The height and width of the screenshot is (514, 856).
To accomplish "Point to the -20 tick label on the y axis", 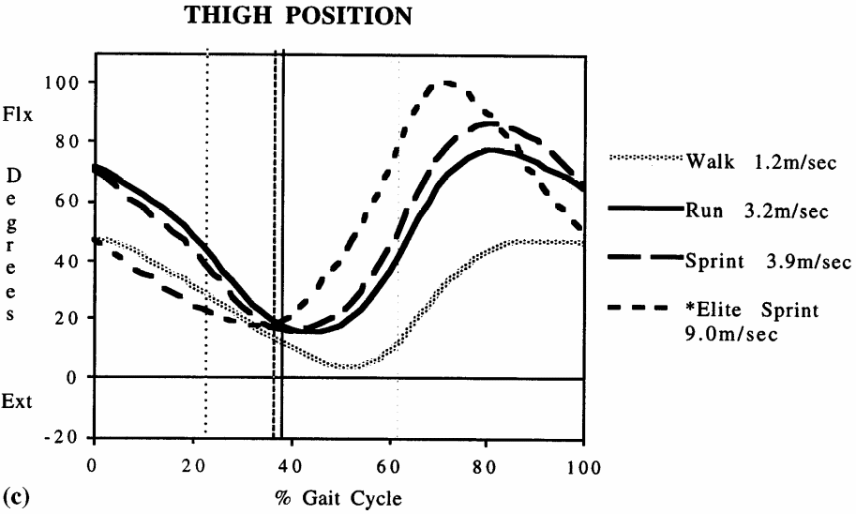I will point(66,437).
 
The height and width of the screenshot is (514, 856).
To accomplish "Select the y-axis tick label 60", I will point(71,201).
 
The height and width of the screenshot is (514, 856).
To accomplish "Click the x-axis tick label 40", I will point(290,466).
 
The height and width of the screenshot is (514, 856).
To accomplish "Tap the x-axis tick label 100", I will point(583,466).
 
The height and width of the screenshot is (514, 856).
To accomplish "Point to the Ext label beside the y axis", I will point(20,402).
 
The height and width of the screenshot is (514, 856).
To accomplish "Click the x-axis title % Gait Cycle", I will point(338,498).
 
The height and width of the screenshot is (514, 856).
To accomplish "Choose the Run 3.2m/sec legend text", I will point(756,212).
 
